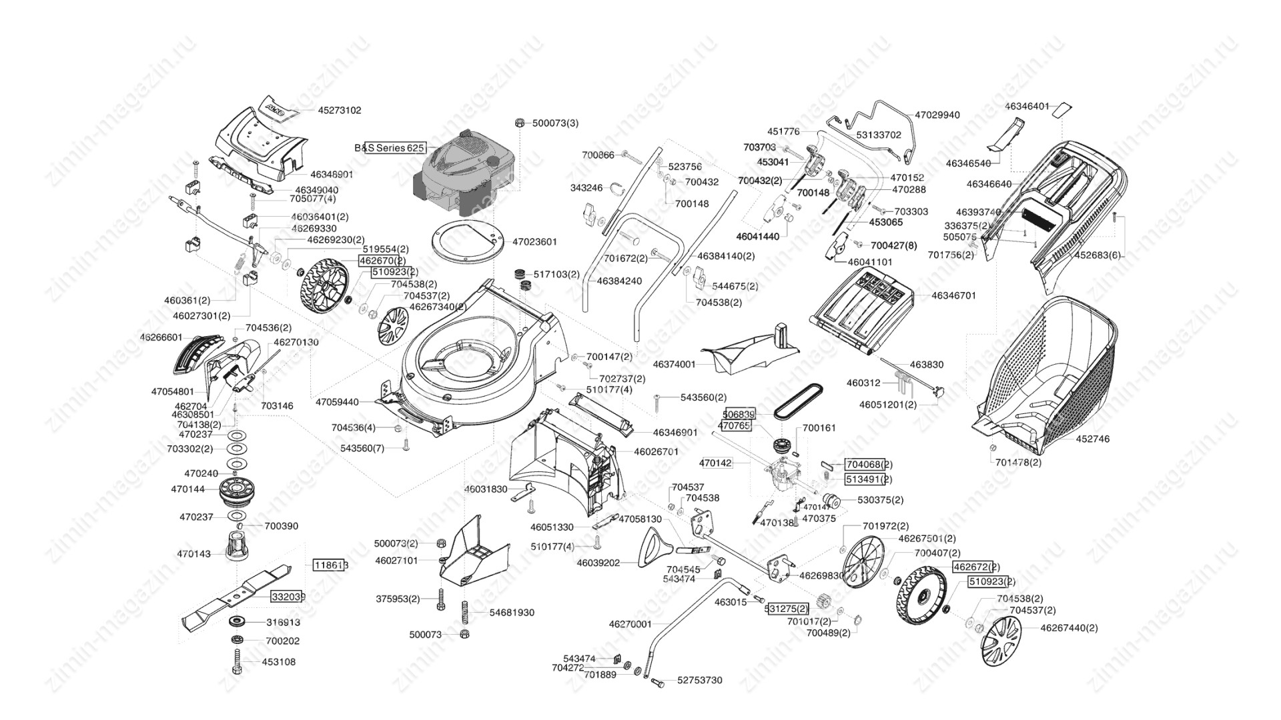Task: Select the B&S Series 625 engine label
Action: [x=389, y=147]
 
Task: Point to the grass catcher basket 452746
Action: [x=1047, y=373]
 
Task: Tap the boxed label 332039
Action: [x=288, y=597]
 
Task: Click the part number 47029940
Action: [x=937, y=115]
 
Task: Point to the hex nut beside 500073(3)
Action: [x=520, y=123]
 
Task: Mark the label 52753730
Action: [x=699, y=680]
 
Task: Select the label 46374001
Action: [x=674, y=365]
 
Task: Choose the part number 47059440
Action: [x=337, y=402]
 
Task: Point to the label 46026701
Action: [x=656, y=451]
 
